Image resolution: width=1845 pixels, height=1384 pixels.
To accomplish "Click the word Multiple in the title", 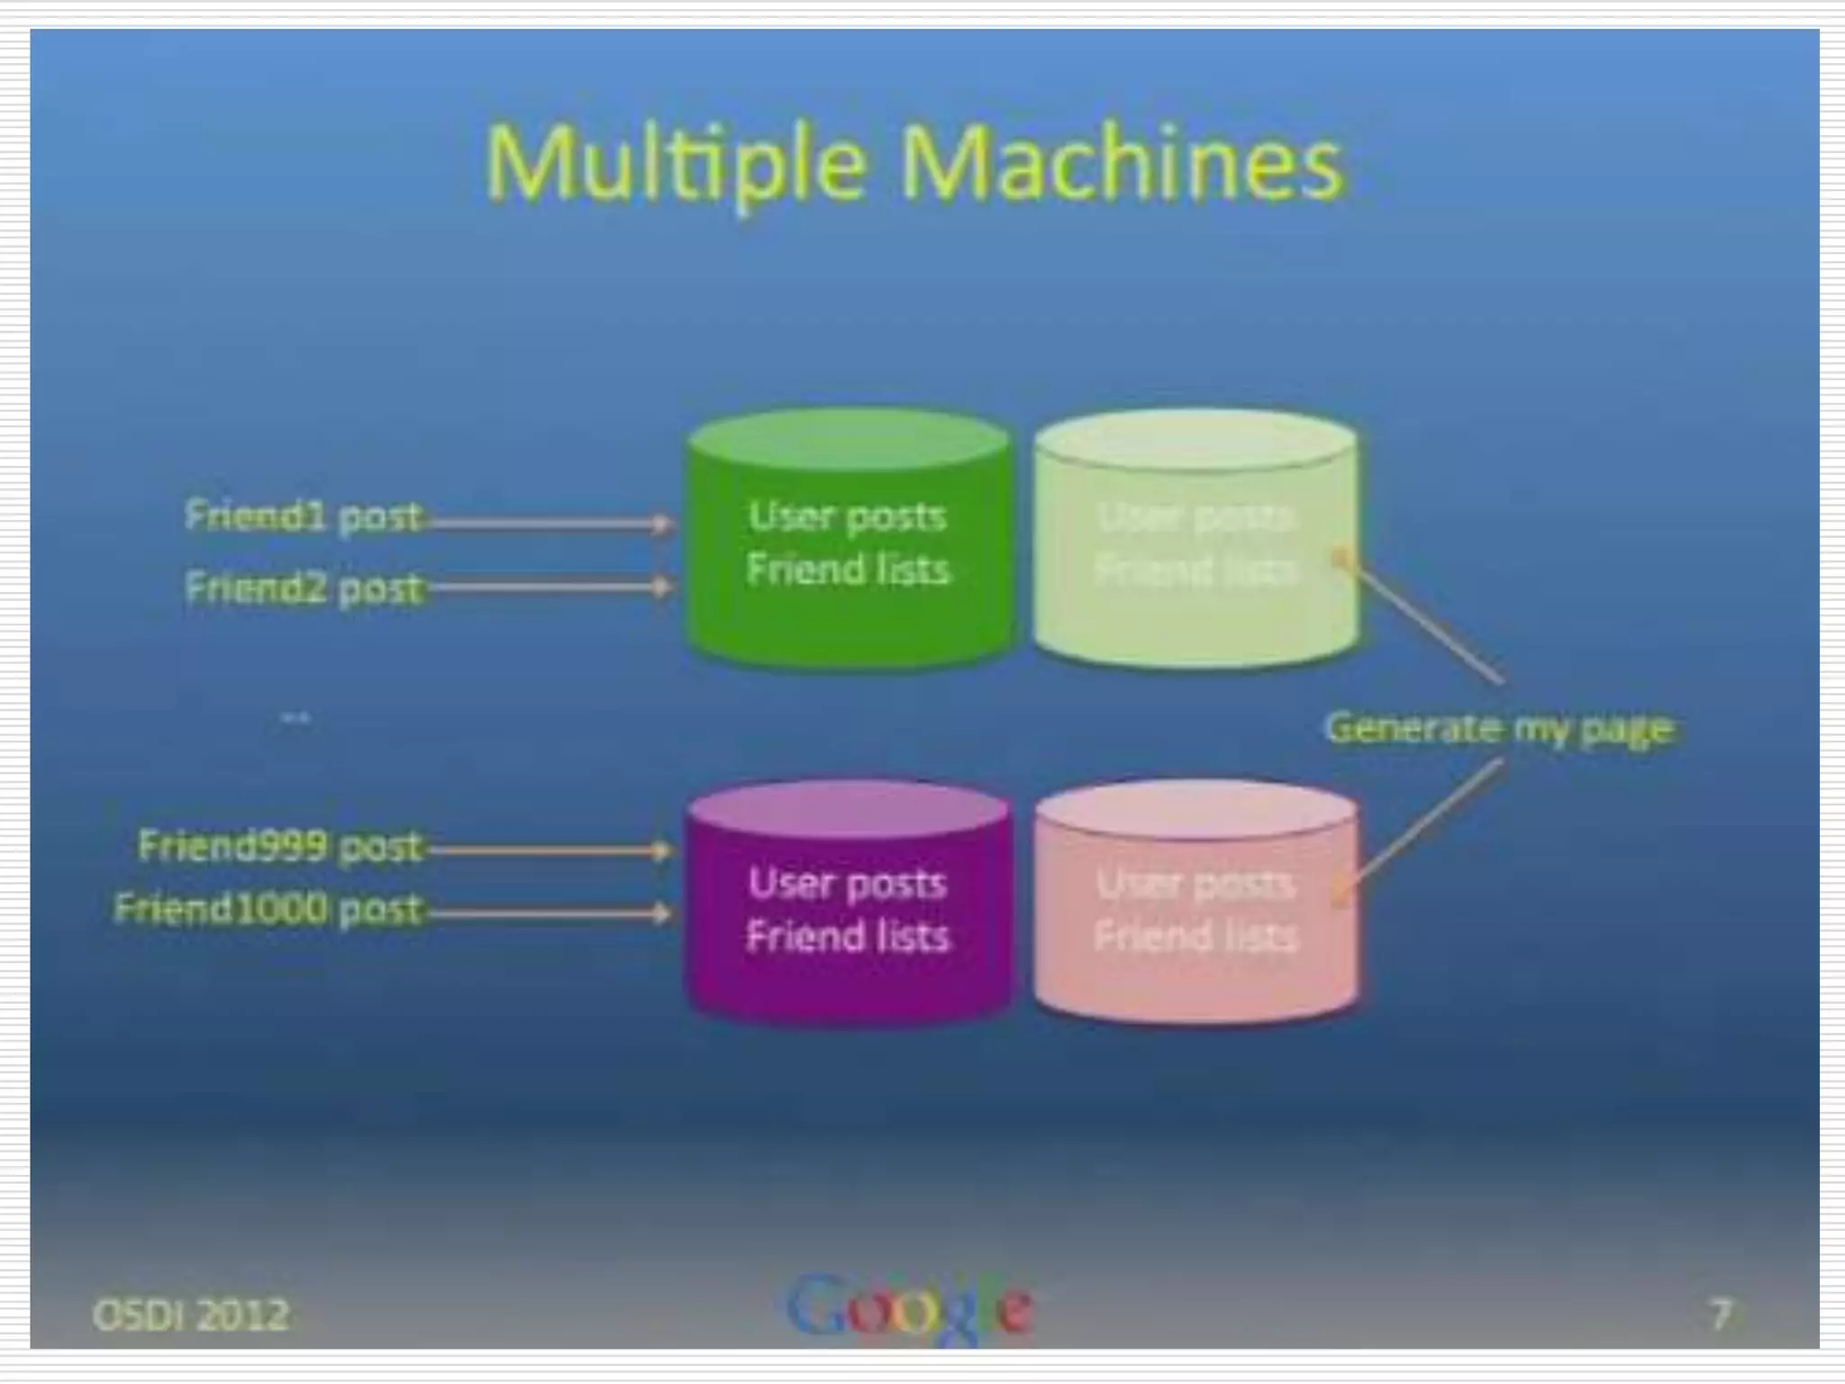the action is point(676,164).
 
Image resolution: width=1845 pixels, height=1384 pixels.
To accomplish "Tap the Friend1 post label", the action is point(303,515).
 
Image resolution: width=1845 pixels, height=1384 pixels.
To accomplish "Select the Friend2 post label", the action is point(303,587).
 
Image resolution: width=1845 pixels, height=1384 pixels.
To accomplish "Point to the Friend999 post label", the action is point(279,846).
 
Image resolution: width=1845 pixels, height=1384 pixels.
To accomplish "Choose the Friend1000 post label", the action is point(268,908).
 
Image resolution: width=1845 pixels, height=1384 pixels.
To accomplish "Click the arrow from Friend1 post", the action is point(550,522).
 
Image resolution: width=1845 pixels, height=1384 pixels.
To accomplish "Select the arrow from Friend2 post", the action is point(550,587).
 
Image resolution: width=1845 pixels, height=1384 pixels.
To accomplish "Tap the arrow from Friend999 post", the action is point(550,850).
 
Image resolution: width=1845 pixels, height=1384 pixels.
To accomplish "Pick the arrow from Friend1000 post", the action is point(550,914).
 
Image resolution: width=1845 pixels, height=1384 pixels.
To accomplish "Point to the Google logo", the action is point(910,1307).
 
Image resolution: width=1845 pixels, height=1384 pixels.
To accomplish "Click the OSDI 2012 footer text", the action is point(191,1315).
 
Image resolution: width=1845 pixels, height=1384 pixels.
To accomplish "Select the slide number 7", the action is point(1720,1314).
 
